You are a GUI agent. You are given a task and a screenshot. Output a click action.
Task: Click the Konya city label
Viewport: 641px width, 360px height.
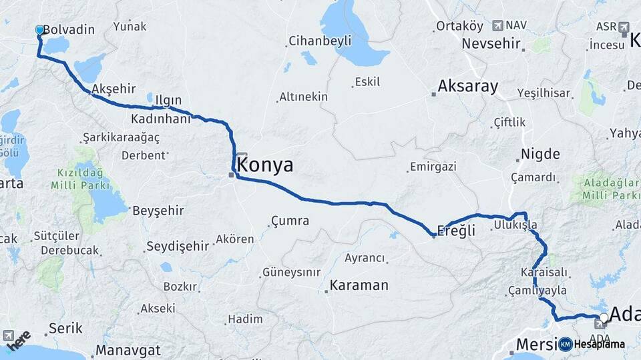pos(265,165)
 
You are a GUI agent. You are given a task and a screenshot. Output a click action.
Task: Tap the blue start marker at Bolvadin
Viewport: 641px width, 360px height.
pos(39,30)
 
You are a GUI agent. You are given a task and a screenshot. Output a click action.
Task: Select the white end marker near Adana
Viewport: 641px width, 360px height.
pos(604,318)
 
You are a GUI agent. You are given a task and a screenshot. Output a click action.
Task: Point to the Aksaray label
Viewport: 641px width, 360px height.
pos(468,86)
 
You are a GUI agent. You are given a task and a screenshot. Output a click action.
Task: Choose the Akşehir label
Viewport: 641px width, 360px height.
pos(114,89)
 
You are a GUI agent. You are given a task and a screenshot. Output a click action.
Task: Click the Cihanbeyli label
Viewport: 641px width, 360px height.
pos(320,41)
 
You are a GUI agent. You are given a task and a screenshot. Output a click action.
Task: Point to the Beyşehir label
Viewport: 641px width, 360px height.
pos(158,211)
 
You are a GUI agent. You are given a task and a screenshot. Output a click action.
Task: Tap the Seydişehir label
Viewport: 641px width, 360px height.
pos(178,246)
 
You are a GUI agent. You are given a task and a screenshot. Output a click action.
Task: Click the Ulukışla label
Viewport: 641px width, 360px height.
pos(515,225)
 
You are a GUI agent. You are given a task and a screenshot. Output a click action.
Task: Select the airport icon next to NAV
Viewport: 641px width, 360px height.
pos(497,25)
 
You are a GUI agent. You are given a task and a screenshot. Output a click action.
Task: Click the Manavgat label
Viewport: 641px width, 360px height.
pos(128,350)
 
